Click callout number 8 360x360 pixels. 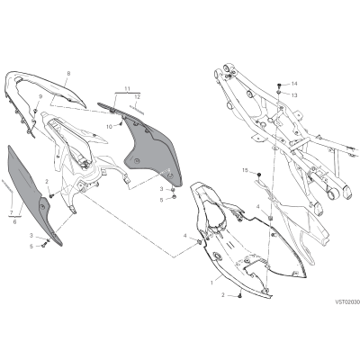coord(68,73)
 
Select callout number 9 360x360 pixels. coord(40,96)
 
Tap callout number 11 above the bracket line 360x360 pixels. coord(128,89)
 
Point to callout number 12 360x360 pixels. coord(138,96)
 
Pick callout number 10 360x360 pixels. coord(109,127)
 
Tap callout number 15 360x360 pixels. coord(246,170)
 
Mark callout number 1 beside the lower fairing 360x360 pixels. coord(212,283)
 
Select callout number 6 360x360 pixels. coord(14,221)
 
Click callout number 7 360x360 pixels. coord(11,212)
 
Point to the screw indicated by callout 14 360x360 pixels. coord(279,84)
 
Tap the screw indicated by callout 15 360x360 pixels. coord(259,175)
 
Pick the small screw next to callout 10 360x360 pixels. coord(121,122)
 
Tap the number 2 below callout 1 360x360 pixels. coord(223,295)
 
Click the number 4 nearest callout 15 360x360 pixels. coord(257,206)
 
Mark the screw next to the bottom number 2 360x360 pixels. coord(240,296)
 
